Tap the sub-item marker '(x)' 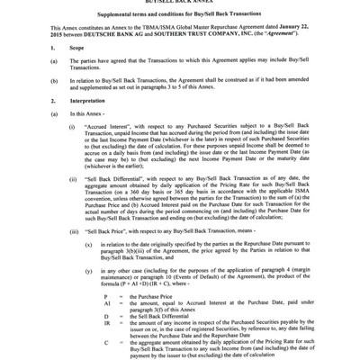pyautogui.click(x=88, y=269)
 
